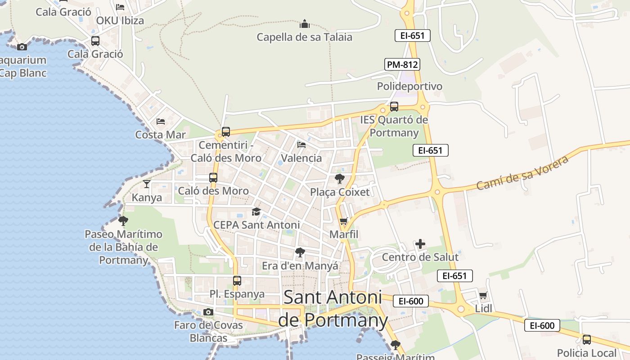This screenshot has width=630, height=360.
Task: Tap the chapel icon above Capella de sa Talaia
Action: (x=305, y=23)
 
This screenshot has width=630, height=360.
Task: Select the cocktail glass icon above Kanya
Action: (x=147, y=184)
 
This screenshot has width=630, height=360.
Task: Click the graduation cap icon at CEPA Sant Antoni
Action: (x=256, y=211)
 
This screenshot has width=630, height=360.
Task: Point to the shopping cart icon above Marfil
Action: (x=344, y=221)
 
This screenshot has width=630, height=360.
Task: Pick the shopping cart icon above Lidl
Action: (x=483, y=296)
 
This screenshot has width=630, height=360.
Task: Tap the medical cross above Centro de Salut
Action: (x=420, y=244)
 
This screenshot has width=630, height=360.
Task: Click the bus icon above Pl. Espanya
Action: (x=237, y=281)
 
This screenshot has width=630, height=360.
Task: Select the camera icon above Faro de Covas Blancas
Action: (x=208, y=312)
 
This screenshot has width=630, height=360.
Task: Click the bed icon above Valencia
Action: (x=301, y=145)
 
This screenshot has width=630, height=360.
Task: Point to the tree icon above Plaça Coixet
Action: (x=340, y=179)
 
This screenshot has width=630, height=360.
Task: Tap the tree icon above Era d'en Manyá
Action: (x=300, y=252)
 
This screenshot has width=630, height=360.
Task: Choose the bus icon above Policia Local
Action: (x=587, y=340)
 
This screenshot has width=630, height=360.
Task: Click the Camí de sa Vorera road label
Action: (x=522, y=172)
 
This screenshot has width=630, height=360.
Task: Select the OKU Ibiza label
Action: (x=120, y=21)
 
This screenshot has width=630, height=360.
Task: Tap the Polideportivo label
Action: (x=409, y=86)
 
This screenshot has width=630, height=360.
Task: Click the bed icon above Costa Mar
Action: (x=161, y=121)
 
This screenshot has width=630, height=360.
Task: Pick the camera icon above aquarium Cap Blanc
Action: (x=22, y=47)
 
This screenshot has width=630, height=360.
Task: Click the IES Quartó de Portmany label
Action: (x=394, y=126)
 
